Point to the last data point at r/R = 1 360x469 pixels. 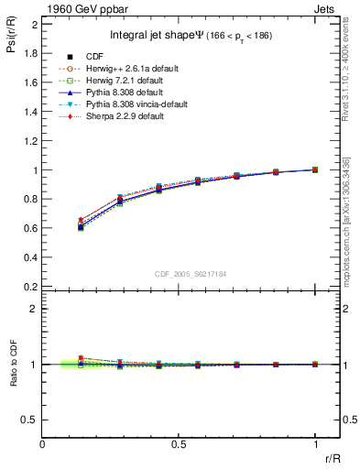click(x=314, y=169)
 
